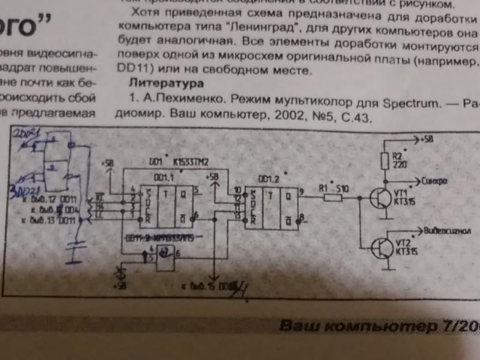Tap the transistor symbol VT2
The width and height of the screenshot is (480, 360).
tap(380, 246)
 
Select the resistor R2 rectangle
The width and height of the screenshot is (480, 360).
tap(385, 161)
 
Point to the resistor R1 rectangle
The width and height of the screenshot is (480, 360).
tap(334, 197)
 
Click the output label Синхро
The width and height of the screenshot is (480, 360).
tap(433, 179)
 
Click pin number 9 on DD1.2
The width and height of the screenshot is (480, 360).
tap(301, 191)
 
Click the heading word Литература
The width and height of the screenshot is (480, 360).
tap(167, 82)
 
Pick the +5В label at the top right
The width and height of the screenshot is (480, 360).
tap(427, 140)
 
